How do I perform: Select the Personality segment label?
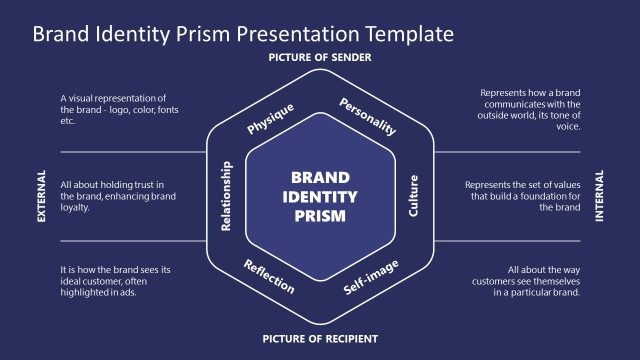[x=368, y=116]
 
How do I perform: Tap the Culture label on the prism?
[x=414, y=196]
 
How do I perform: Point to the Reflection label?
[x=269, y=276]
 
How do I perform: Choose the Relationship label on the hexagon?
[x=226, y=196]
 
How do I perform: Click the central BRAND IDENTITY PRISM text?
[x=319, y=196]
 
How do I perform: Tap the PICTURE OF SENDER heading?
[x=319, y=58]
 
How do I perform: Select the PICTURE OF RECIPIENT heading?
[x=319, y=339]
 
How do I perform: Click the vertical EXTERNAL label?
[x=42, y=196]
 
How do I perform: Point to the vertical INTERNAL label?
[x=599, y=196]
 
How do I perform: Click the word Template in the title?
[x=408, y=33]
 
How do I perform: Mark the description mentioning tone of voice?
[x=530, y=109]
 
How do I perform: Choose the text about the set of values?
[x=523, y=196]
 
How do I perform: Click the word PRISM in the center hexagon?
[x=319, y=215]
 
